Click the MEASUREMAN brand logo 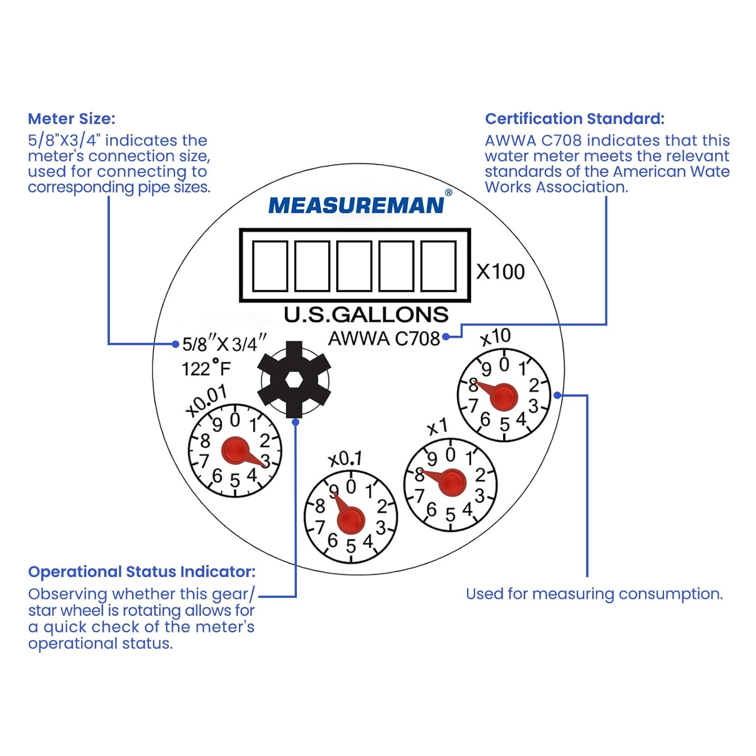pyautogui.click(x=356, y=206)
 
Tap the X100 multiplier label pyautogui.click(x=500, y=272)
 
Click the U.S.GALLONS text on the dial pyautogui.click(x=366, y=315)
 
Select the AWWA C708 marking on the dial pyautogui.click(x=384, y=338)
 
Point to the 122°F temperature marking pyautogui.click(x=206, y=368)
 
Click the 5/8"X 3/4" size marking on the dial pyautogui.click(x=224, y=344)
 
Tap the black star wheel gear pyautogui.click(x=294, y=380)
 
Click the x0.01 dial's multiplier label pyautogui.click(x=206, y=401)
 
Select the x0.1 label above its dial pyautogui.click(x=345, y=459)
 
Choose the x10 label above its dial pyautogui.click(x=495, y=337)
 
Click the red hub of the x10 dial pyautogui.click(x=503, y=397)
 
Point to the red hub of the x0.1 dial pyautogui.click(x=351, y=520)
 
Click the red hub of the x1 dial pyautogui.click(x=451, y=482)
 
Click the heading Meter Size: pyautogui.click(x=72, y=119)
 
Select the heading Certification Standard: pyautogui.click(x=575, y=119)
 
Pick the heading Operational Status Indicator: pyautogui.click(x=142, y=572)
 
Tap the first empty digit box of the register pyautogui.click(x=270, y=266)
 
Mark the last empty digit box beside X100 pyautogui.click(x=438, y=266)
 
